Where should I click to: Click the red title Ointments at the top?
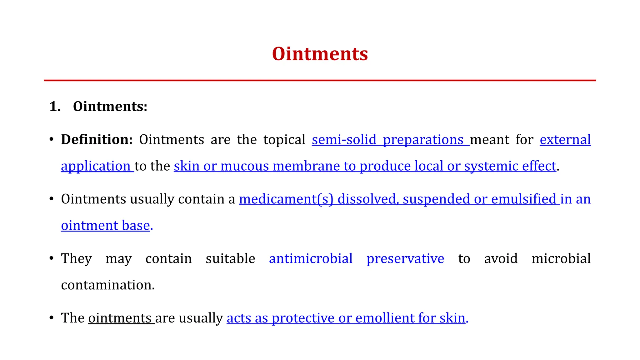pyautogui.click(x=320, y=54)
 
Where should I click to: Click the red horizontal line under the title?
pyautogui.click(x=320, y=81)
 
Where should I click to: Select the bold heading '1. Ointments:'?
pyautogui.click(x=98, y=107)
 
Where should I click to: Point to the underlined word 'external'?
pyautogui.click(x=565, y=140)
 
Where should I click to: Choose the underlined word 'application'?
pyautogui.click(x=96, y=166)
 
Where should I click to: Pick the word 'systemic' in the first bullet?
pyautogui.click(x=491, y=166)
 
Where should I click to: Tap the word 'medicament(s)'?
pyautogui.click(x=286, y=199)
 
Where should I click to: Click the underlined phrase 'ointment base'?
pyautogui.click(x=105, y=226)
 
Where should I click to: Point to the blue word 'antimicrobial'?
pyautogui.click(x=311, y=259)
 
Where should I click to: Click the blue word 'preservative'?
pyautogui.click(x=405, y=259)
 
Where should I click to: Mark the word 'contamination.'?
pyautogui.click(x=108, y=285)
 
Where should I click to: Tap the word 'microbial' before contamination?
pyautogui.click(x=561, y=259)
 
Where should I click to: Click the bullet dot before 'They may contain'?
pyautogui.click(x=52, y=259)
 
